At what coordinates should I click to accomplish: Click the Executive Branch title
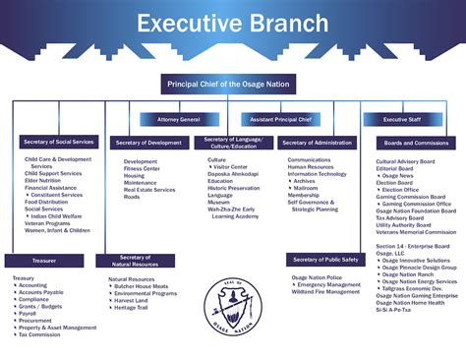coord(233,24)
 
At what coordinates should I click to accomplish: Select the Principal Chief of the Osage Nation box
coord(233,85)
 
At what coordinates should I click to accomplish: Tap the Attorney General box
coord(178,119)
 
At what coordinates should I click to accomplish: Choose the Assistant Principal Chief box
coord(281,119)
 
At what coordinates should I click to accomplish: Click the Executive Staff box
coord(400,119)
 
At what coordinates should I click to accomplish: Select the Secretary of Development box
coord(148,143)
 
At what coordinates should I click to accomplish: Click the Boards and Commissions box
coord(412,143)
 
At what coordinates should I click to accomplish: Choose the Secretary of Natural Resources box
coord(135,261)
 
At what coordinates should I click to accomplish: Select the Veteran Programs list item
coord(48,223)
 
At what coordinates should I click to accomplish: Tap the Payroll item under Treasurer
coord(30,313)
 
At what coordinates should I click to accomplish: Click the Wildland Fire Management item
coord(325,292)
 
